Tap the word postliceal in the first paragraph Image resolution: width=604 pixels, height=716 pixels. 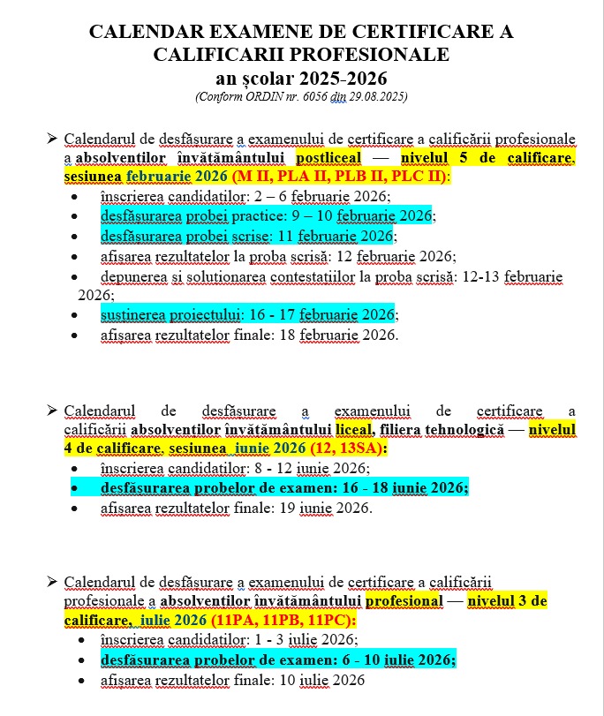(328, 158)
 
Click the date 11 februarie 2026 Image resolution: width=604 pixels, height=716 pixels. (339, 236)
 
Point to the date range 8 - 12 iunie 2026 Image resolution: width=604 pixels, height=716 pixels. (312, 468)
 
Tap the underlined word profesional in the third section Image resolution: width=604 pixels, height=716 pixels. (404, 600)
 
